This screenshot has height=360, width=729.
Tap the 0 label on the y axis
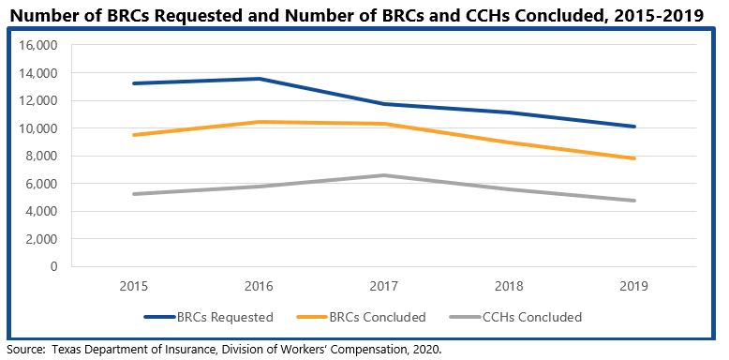53,267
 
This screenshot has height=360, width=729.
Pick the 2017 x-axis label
385,285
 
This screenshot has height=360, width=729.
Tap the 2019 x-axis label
634,285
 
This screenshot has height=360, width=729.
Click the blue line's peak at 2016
260,79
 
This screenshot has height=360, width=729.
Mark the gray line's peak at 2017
385,175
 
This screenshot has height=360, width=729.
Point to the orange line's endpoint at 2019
634,158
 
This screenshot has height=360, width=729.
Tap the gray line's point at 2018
510,189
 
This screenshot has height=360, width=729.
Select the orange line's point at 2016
260,122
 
